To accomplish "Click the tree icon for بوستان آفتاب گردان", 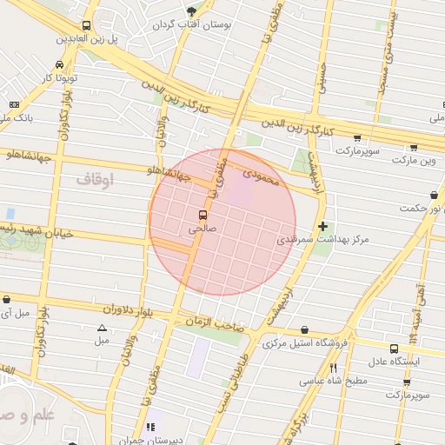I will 191,11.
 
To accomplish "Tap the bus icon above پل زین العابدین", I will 86,26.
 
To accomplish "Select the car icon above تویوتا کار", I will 58,65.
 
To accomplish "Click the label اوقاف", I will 95,179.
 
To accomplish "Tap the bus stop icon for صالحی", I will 203,215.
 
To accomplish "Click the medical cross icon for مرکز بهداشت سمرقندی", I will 323,226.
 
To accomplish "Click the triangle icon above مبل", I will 103,329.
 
